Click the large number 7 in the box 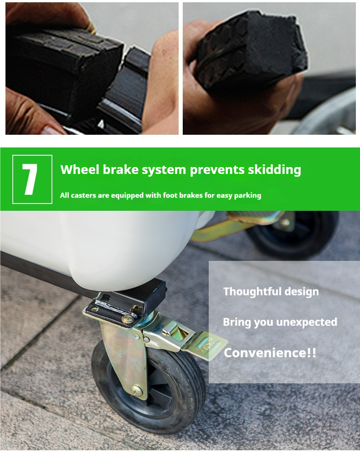pos(30,179)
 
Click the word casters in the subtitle pos(83,196)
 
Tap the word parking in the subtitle pos(247,196)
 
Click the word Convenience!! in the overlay pos(270,353)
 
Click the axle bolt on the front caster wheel pos(137,391)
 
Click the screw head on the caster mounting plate pos(128,319)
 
